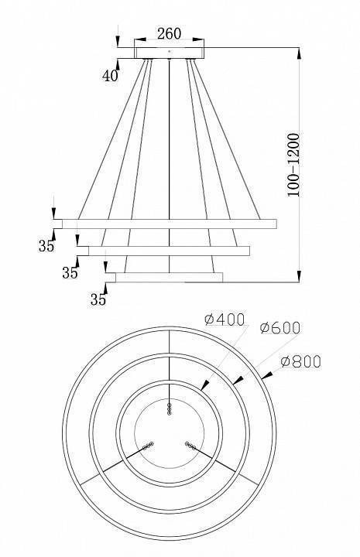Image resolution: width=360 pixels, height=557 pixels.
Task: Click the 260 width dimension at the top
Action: click(169, 33)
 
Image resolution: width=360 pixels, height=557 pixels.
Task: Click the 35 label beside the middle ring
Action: click(70, 273)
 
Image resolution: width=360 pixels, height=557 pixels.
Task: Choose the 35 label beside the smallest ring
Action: click(98, 299)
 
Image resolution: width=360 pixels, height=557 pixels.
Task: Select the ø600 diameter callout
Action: click(280, 328)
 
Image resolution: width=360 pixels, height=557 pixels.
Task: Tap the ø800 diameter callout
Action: click(301, 361)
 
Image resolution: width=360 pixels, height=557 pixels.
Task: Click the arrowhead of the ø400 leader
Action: click(205, 384)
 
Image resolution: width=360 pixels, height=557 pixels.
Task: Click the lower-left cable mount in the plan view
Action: click(147, 447)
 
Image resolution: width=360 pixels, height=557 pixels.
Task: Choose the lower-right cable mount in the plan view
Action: click(190, 446)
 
